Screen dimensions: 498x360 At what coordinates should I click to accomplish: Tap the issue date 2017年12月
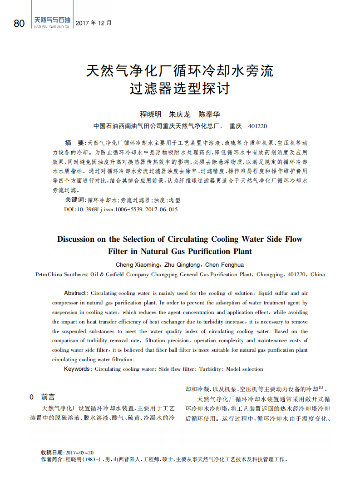coord(93,23)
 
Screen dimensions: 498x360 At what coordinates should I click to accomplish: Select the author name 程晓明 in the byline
coord(150,115)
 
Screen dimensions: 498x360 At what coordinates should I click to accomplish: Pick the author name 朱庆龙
coord(180,115)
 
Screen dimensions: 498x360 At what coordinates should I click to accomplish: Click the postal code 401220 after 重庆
coord(258,126)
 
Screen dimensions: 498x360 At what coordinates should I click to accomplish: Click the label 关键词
coord(75,200)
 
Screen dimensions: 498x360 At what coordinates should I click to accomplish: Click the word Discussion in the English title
coord(76,239)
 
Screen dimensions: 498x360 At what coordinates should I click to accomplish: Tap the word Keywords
coord(77,369)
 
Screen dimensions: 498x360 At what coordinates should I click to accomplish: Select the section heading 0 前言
coord(42,397)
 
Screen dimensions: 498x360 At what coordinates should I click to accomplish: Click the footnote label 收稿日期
coord(53,453)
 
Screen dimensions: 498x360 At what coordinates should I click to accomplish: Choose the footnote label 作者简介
coord(53,459)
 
